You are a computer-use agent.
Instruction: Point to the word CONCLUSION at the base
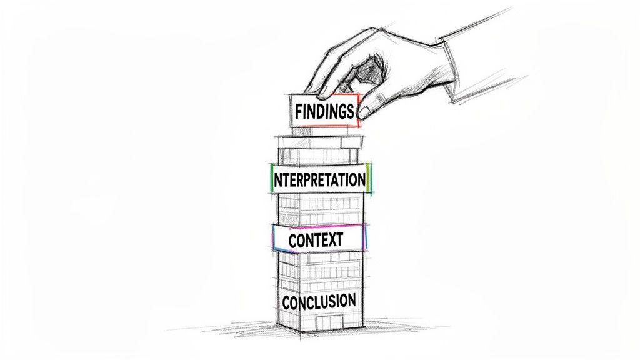click(319, 301)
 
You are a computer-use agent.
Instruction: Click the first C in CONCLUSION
click(287, 302)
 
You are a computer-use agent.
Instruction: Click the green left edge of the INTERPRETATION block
click(271, 179)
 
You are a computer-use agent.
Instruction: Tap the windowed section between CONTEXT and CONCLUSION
click(319, 268)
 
